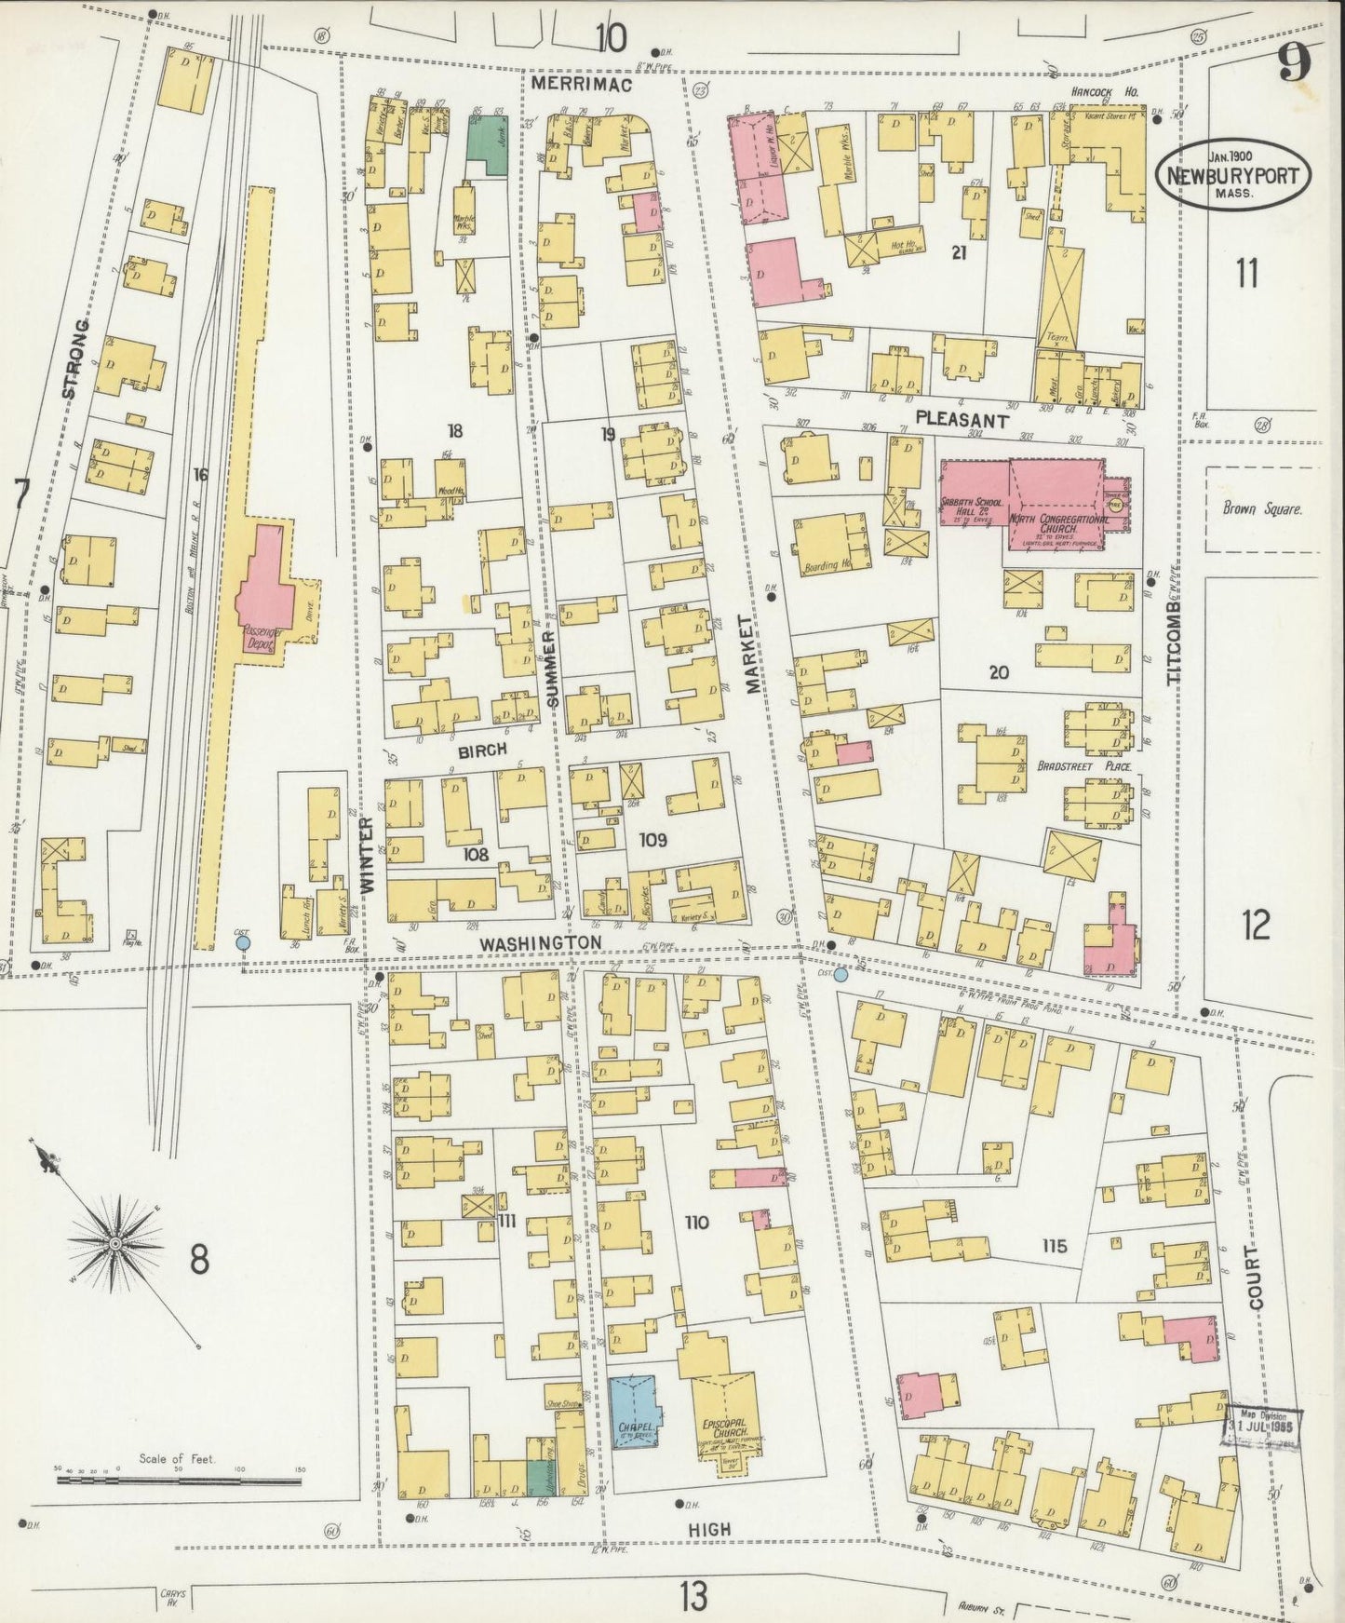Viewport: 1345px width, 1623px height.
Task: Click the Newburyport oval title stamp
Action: [x=1233, y=174]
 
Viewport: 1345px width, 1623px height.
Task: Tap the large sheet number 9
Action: [x=1293, y=65]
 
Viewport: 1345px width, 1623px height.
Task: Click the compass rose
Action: [x=115, y=1243]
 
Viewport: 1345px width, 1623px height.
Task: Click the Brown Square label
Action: [x=1262, y=510]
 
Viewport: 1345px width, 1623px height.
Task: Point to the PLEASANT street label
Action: [x=962, y=420]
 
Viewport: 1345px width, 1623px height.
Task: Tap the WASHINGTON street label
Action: [x=541, y=943]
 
